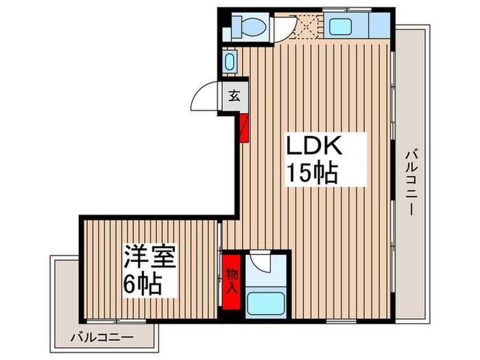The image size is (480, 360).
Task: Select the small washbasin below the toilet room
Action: pyautogui.click(x=229, y=61)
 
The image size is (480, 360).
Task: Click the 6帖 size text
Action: pyautogui.click(x=143, y=283)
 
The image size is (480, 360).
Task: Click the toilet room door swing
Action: pyautogui.click(x=284, y=27)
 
